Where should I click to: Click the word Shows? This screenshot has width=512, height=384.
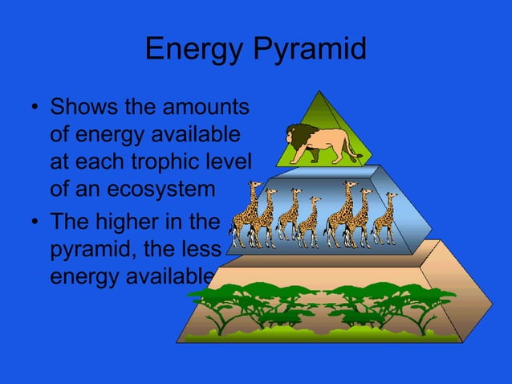point(80,107)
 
